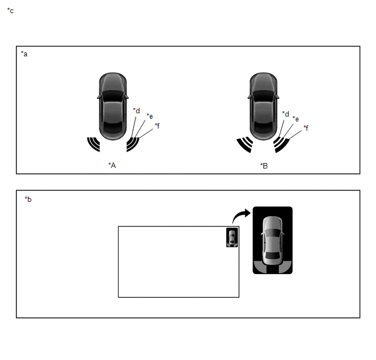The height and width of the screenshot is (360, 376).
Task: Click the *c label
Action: coord(10,11)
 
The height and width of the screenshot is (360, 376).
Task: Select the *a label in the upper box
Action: coord(24,54)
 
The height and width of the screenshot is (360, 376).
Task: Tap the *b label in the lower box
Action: coord(28,200)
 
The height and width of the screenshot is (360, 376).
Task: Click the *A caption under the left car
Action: coord(112,165)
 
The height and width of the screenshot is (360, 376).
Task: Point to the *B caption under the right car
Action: coord(264,166)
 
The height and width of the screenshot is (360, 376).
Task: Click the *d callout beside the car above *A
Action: coord(137,111)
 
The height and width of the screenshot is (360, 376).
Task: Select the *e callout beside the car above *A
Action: coord(150,116)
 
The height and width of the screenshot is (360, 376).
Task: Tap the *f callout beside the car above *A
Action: coord(157,125)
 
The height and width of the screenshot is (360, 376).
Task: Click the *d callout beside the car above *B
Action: coord(286,114)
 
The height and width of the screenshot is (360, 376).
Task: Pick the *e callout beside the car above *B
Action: coord(296,119)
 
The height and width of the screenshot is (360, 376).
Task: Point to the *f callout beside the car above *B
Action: coord(305,128)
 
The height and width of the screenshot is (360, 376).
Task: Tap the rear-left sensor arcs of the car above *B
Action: coord(245,145)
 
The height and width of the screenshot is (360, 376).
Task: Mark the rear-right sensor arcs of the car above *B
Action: coord(281,145)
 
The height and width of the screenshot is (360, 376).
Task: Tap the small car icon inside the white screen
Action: coord(232,237)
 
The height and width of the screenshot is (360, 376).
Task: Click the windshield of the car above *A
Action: coord(113,96)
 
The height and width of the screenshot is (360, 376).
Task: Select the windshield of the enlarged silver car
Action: coord(272,234)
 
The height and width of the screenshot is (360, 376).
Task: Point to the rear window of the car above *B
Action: coord(263,127)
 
